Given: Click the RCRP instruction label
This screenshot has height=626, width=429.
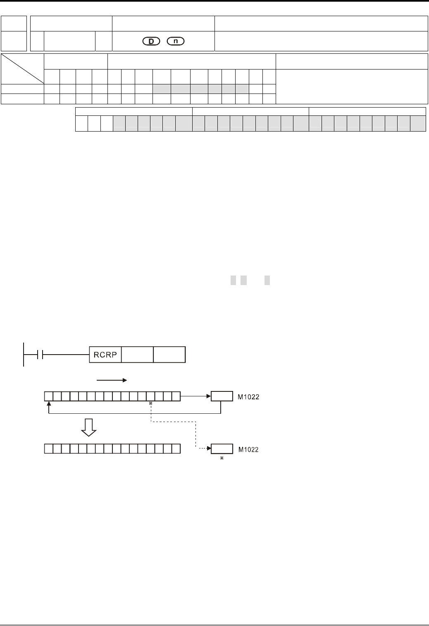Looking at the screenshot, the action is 105,355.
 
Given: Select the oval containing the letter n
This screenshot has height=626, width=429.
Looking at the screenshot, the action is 176,41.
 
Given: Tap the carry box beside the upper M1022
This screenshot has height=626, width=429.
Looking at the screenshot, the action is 222,396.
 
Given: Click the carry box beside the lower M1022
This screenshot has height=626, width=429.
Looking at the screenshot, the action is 222,449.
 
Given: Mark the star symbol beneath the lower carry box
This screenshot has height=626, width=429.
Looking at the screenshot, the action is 222,458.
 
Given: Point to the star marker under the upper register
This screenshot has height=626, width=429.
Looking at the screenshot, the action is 151,403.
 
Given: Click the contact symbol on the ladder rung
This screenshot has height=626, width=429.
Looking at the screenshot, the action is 40,355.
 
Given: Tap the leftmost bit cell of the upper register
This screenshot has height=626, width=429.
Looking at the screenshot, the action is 48,396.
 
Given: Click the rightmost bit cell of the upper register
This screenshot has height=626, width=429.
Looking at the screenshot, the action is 176,396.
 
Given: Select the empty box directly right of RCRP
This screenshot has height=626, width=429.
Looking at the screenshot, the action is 137,355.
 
